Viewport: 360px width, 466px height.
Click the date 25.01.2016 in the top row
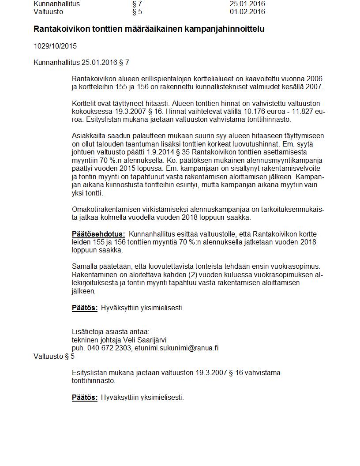pos(247,4)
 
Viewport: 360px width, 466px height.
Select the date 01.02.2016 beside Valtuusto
pos(247,12)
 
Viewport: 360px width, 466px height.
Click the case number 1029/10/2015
pos(55,46)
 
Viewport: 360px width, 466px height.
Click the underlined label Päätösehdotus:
pos(98,234)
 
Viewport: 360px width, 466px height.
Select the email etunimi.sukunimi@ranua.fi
pos(177,348)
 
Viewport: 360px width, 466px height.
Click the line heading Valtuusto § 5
pos(54,357)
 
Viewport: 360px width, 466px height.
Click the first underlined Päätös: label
pos(85,308)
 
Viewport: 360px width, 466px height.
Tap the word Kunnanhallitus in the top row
pos(56,4)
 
